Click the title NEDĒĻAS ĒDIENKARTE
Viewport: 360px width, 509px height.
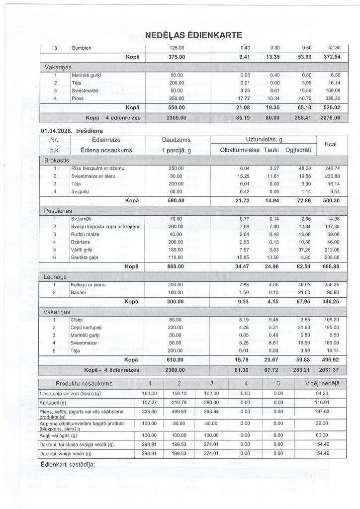coord(193,35)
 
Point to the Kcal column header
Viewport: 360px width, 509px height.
coord(331,145)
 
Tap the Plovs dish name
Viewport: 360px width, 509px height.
coord(78,98)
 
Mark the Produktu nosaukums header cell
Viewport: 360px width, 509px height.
coord(84,384)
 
